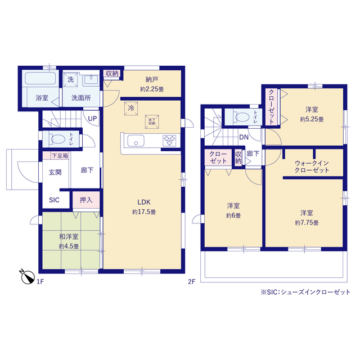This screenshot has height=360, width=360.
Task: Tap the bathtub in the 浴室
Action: click(x=40, y=79)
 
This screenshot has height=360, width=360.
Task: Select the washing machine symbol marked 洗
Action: click(x=70, y=80)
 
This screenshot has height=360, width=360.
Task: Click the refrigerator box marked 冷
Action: click(x=131, y=109)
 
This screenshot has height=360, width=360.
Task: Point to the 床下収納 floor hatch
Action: click(x=152, y=121)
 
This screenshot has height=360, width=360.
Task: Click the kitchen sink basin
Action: click(x=136, y=141)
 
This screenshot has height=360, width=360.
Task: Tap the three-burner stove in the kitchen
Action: click(x=169, y=141)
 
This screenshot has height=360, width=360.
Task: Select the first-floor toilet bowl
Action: click(x=57, y=139)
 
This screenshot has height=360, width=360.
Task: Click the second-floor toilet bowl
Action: click(x=242, y=117)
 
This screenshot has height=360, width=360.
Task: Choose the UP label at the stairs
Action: click(x=92, y=119)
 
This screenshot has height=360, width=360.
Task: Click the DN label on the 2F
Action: click(x=244, y=137)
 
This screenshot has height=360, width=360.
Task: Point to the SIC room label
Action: click(x=54, y=200)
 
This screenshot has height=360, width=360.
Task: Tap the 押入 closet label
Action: click(x=86, y=200)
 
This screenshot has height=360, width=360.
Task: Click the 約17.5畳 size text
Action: click(x=144, y=212)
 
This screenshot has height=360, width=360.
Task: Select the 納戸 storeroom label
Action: click(x=152, y=80)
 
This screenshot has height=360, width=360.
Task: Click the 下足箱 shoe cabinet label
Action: click(x=60, y=156)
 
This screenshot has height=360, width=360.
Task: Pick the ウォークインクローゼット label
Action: click(x=312, y=166)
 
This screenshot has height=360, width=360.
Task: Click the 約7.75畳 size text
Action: click(x=307, y=223)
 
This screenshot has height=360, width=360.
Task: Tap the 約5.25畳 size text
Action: click(x=312, y=119)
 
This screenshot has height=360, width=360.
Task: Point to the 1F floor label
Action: click(x=40, y=281)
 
